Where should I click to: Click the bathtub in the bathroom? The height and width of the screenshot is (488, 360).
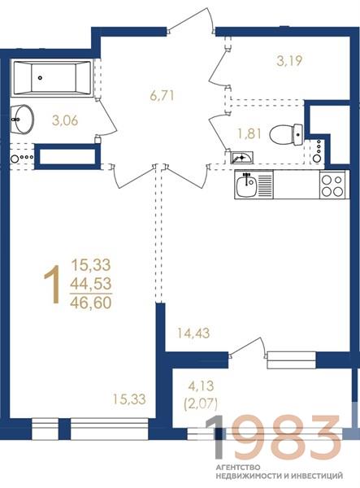pos(53,78)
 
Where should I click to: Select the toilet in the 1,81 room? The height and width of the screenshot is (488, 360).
pos(286,134)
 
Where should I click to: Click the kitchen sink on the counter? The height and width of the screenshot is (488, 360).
pos(246,186)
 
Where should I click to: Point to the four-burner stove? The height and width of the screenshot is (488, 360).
pos(332,185)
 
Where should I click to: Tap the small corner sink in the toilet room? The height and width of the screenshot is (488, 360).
pos(241,158)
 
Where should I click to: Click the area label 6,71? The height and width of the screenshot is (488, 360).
pos(162,95)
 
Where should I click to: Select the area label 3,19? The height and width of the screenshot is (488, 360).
pos(289,61)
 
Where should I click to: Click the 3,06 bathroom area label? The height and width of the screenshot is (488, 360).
pos(65,120)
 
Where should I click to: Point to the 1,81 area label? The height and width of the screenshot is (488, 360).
pos(249,134)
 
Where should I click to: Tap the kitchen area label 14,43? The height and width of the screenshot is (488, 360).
pos(193,333)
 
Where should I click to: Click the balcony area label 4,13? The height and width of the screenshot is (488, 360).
pos(202,386)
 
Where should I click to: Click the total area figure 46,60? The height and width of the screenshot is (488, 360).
pos(91,303)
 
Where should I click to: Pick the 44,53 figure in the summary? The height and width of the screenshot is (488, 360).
pos(91,284)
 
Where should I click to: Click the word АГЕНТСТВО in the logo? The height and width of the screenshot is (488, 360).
pos(238,468)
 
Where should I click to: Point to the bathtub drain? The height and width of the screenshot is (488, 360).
pos(40,78)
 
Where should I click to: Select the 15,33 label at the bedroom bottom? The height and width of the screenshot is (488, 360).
pos(129,399)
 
